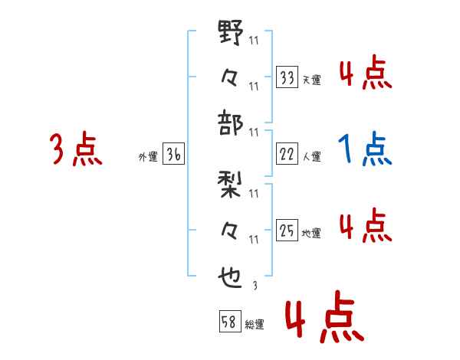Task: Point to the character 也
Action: point(232,277)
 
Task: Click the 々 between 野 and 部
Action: point(232,77)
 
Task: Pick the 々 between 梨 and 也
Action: point(232,231)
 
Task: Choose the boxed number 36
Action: point(173,155)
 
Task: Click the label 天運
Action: point(311,80)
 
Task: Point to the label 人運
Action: point(311,156)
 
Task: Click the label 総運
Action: point(254,324)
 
